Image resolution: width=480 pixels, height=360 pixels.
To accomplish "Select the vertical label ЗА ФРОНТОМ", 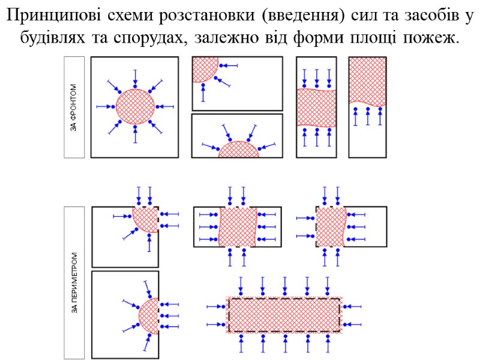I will click(x=74, y=107).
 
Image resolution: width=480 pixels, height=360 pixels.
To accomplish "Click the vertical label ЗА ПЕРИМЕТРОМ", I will click(x=74, y=283).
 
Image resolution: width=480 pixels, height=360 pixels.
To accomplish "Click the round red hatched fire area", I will click(x=135, y=107).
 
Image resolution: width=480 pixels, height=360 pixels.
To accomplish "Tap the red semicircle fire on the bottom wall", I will click(x=239, y=150).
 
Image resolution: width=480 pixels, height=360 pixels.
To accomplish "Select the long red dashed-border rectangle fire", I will click(x=284, y=314).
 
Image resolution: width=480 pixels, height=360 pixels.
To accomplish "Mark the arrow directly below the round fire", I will click(x=135, y=134).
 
